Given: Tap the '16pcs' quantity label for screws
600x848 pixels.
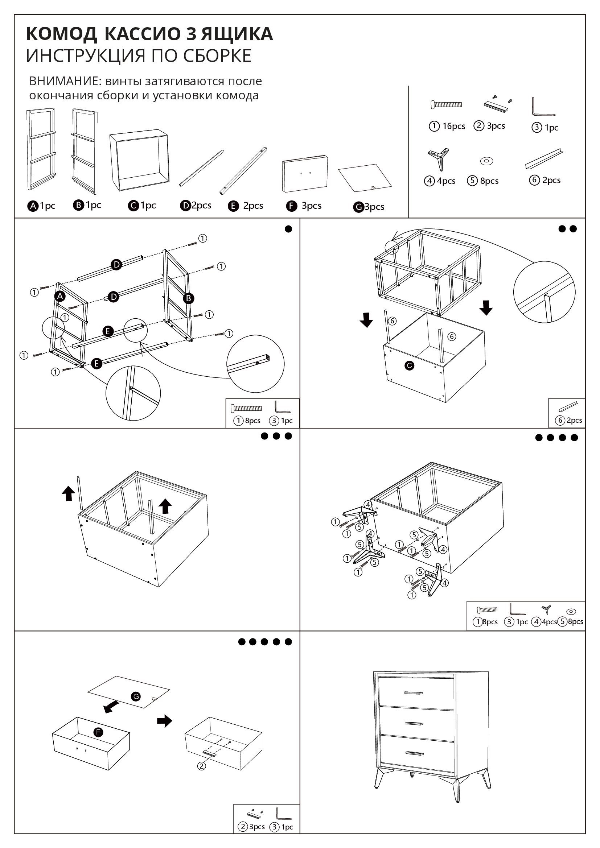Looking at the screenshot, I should [x=454, y=126].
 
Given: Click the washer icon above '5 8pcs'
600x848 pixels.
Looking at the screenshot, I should [x=487, y=161].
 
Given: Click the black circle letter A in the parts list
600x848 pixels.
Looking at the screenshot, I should [x=33, y=206].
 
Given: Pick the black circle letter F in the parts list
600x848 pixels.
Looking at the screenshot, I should [x=292, y=206].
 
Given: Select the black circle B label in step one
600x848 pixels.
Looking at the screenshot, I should [x=188, y=298].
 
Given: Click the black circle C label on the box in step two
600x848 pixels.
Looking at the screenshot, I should [x=409, y=366].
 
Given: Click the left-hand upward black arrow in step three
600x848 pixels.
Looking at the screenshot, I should [x=68, y=493].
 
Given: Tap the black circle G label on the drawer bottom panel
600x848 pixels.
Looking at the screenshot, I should [x=136, y=696].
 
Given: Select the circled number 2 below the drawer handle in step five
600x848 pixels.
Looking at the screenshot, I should [x=201, y=766].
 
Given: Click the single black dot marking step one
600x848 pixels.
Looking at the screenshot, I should [x=288, y=229].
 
